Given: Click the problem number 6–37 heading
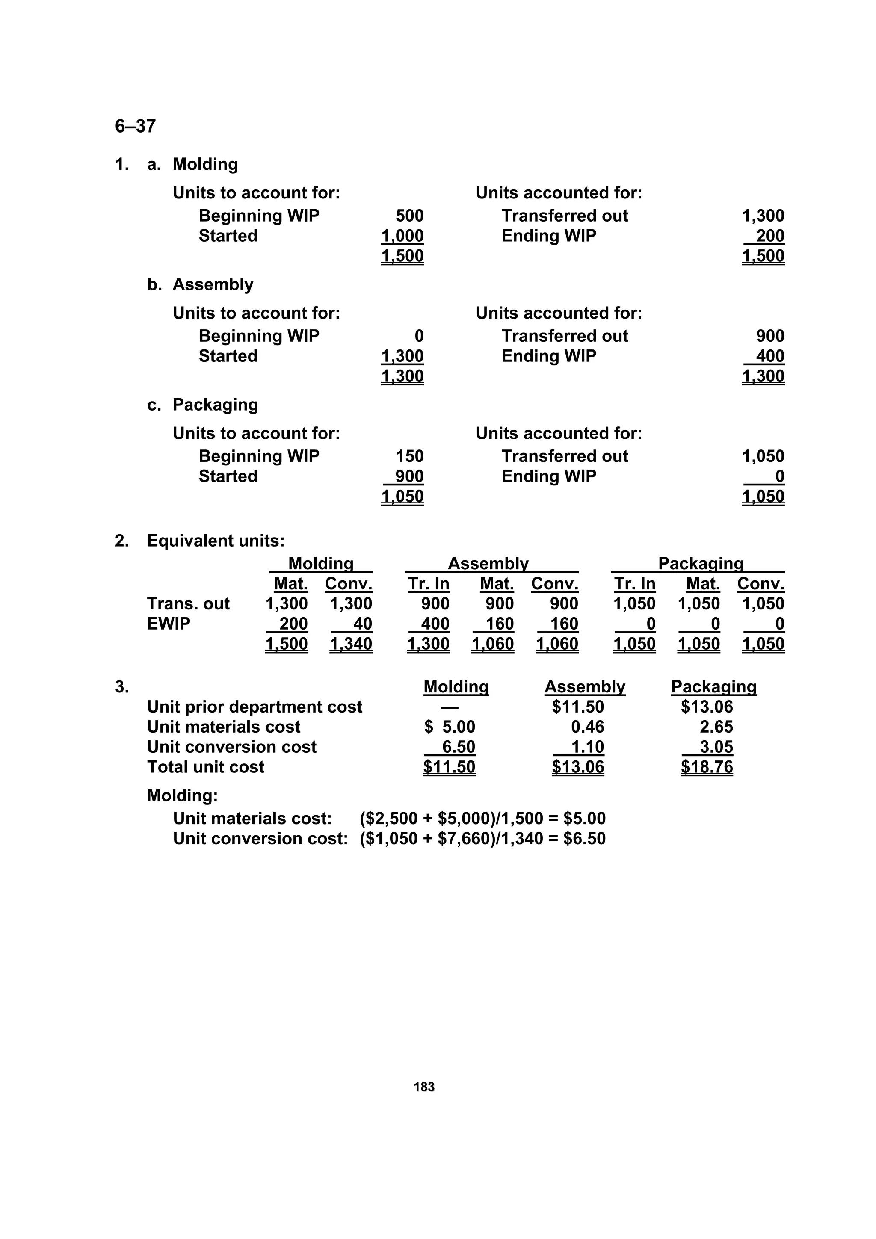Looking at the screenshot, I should (136, 126).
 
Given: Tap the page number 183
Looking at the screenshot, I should (424, 1087).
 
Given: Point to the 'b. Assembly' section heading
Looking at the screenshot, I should (200, 284).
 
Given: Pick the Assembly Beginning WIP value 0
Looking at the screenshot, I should (419, 336).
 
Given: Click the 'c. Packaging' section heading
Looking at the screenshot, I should (202, 405).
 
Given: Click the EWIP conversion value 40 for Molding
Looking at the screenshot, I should (362, 624).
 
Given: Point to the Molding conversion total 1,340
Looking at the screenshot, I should (351, 644).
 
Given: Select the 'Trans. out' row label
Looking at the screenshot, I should (188, 604).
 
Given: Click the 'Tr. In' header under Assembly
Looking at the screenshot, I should (429, 584).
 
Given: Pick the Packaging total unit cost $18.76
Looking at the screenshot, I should (707, 767).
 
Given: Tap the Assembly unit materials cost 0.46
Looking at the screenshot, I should (587, 727).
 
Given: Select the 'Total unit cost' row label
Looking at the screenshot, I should (206, 767).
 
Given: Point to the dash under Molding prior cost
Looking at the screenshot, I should (450, 707).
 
